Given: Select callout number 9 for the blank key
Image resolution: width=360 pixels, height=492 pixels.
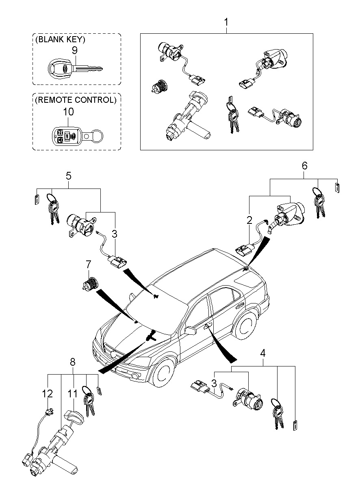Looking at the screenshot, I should [x=74, y=50].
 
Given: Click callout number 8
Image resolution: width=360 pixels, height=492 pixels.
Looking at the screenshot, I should [x=73, y=361].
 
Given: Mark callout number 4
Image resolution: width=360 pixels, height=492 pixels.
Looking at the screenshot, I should [x=263, y=353].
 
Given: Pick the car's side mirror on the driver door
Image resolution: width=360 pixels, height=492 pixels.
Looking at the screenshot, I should [x=189, y=330].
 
